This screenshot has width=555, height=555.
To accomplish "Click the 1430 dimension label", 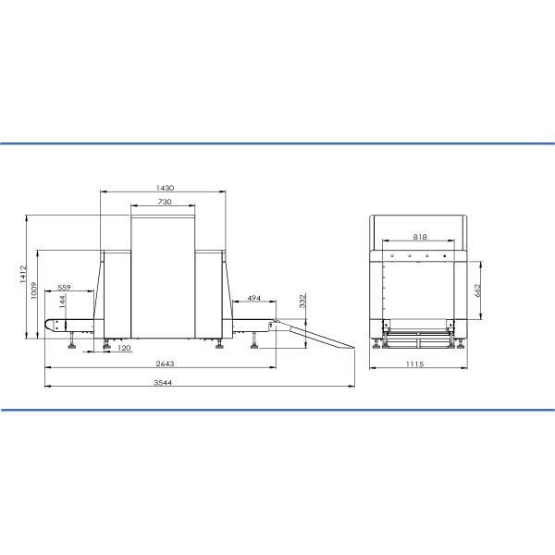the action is coord(165,188).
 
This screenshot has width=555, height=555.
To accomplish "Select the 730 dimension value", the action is coord(165,202).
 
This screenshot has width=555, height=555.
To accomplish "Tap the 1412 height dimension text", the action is coord(23,274).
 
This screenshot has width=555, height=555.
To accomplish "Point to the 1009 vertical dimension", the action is coord(34,290).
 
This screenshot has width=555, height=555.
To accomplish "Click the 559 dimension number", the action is coord(64,287).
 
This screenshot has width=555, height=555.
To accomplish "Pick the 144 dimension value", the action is coord(62,302).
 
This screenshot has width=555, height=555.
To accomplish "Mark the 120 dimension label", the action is coord(124,348).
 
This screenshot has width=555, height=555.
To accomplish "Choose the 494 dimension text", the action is coord(253,299).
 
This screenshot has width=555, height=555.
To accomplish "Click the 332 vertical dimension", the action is coord(302,301).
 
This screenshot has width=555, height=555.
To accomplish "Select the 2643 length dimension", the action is coord(165,364).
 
